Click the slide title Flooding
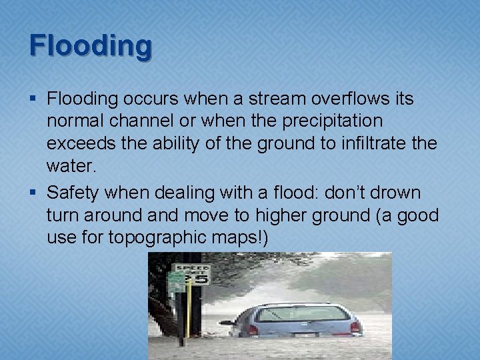(x=91, y=45)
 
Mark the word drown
(x=396, y=193)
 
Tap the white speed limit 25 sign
(x=199, y=275)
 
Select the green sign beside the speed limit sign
(x=176, y=281)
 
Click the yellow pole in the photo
(x=189, y=307)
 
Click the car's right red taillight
(x=355, y=327)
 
